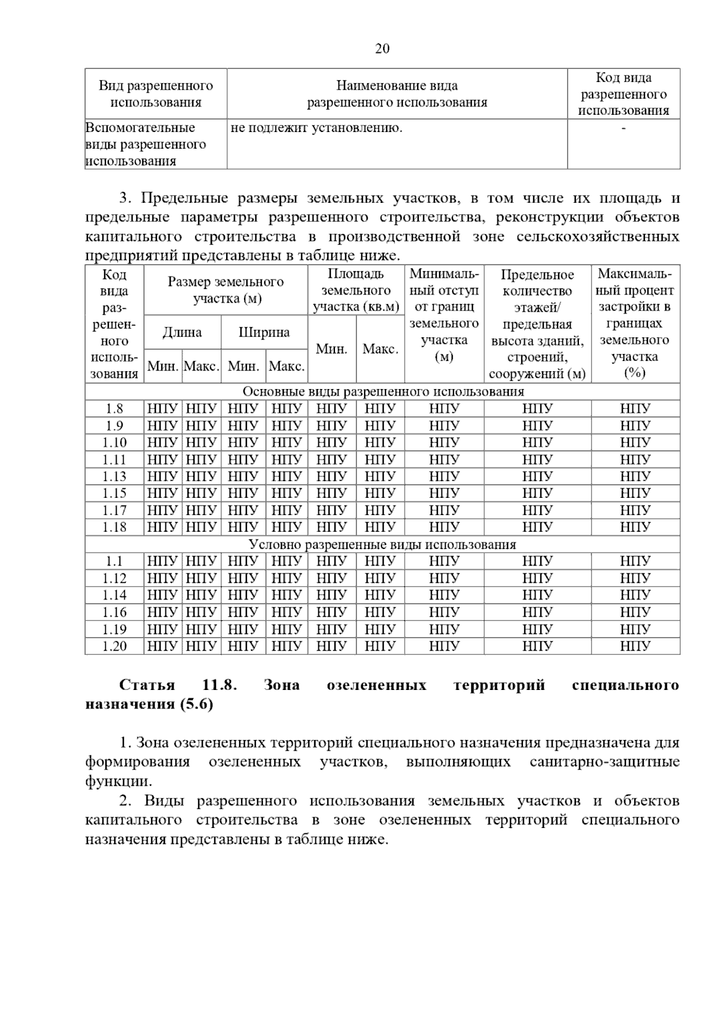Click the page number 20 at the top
coord(382,49)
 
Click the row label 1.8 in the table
coord(114,409)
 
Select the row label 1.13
coord(114,476)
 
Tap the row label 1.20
coord(114,646)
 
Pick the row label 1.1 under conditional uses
coord(114,562)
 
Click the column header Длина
coord(182,332)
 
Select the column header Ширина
coord(264,332)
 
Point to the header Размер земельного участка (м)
coord(226,290)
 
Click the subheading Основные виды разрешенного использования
coord(383,391)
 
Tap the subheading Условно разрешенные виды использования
coord(383,544)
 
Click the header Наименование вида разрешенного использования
coord(397,94)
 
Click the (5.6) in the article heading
coord(194,704)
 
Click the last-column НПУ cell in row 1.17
coord(635,510)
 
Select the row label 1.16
coord(114,612)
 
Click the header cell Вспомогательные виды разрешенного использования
coord(146,144)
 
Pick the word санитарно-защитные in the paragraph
coord(604,762)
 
